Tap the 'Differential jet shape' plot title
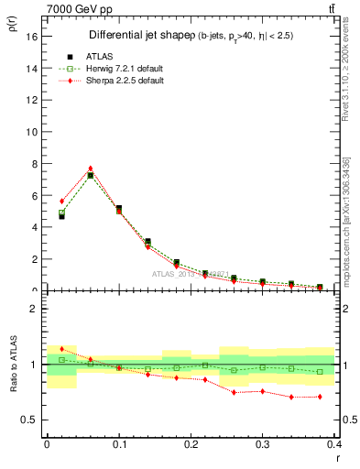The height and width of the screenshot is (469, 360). pos(139,35)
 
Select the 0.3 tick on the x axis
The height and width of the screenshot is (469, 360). pos(262,444)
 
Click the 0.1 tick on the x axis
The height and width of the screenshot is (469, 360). pos(118,444)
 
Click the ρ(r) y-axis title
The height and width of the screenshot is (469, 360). pos(12,25)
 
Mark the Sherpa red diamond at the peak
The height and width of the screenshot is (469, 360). pos(90,169)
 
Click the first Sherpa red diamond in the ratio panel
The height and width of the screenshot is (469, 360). pos(61,349)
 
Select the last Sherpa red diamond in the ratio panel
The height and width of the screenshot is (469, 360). pos(320,397)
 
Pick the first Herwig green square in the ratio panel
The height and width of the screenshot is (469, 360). pos(61,360)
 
